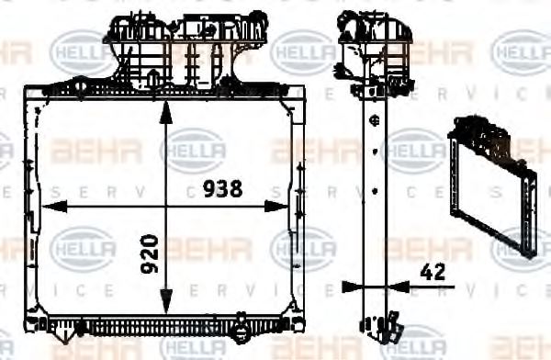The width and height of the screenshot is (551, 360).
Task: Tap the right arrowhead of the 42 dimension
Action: point(396,287)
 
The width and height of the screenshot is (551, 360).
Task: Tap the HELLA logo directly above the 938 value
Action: point(193,149)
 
